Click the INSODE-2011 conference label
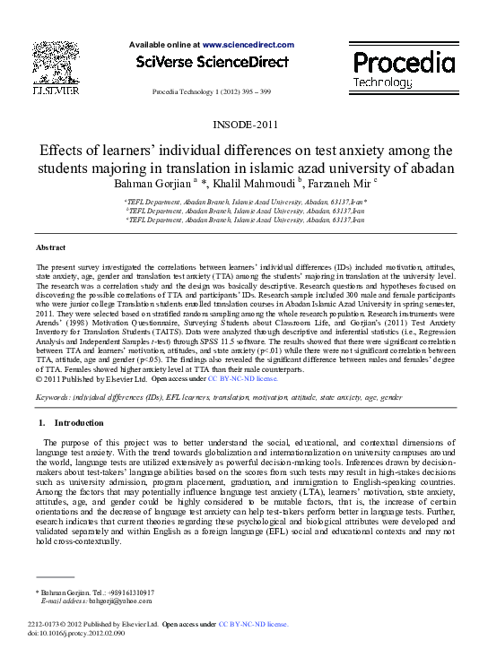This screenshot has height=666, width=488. tap(243, 125)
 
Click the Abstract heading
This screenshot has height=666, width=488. tap(49, 247)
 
